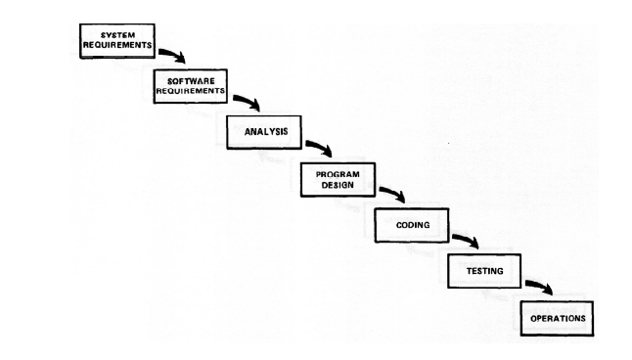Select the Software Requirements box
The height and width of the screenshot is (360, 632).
pos(191,86)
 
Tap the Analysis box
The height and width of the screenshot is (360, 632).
pos(264,132)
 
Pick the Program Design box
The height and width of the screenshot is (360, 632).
pos(338,177)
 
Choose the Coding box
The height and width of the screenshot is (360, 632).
pos(411,224)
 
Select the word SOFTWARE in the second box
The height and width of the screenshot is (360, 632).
pos(191,79)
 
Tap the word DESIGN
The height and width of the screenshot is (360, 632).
pos(338,183)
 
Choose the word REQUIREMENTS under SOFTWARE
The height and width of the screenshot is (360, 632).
pos(191,91)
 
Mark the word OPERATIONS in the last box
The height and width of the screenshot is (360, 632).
pos(558,317)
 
